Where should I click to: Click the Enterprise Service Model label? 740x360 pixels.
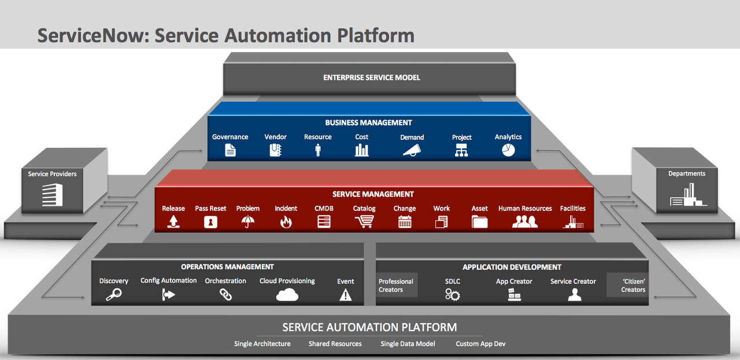[371, 77]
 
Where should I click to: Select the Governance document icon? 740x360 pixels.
[230, 150]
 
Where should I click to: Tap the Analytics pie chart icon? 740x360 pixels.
[508, 150]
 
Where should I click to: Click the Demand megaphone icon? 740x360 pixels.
[412, 150]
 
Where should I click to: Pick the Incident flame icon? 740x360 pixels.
[286, 222]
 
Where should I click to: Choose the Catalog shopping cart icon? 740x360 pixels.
[364, 222]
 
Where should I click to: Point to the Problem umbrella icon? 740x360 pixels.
[248, 222]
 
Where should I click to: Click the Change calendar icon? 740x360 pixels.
[405, 222]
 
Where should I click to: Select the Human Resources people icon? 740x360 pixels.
[525, 222]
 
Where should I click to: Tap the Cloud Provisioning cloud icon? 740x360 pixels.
[287, 295]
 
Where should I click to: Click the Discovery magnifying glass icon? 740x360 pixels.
[113, 295]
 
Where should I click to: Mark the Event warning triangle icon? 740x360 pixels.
[345, 295]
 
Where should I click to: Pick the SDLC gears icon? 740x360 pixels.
[452, 295]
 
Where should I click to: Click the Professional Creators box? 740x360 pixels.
[396, 285]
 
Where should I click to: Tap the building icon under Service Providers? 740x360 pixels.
[52, 195]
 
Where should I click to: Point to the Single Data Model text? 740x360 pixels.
[408, 344]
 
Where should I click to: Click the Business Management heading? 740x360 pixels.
[368, 123]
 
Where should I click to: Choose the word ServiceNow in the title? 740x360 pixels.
[90, 35]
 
